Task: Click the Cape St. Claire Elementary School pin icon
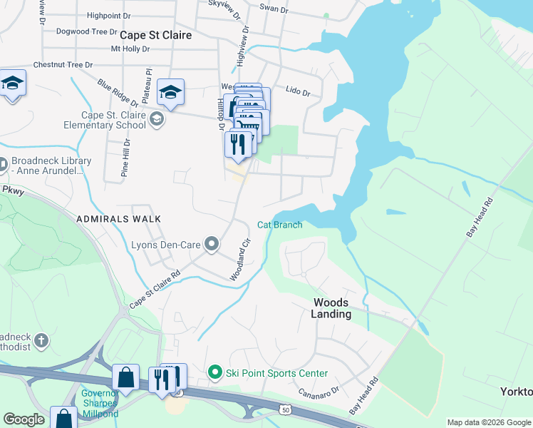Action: click(157, 120)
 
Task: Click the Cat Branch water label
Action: click(280, 225)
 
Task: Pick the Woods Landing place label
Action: click(331, 308)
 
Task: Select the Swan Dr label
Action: click(274, 9)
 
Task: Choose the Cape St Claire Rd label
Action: click(155, 290)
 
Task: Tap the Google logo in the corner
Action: click(24, 419)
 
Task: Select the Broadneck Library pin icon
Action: click(2, 165)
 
